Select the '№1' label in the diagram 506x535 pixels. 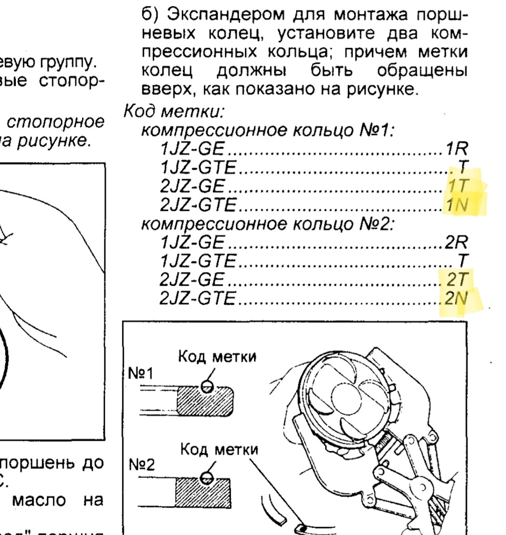pos(140,375)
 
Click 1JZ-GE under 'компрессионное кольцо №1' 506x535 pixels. pos(192,149)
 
